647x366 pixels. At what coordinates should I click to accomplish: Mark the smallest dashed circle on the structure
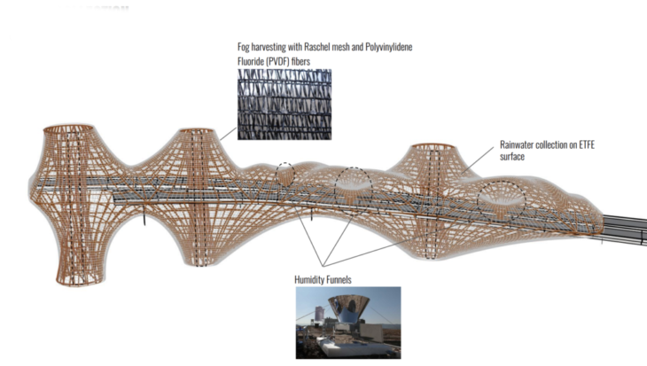(285, 173)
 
